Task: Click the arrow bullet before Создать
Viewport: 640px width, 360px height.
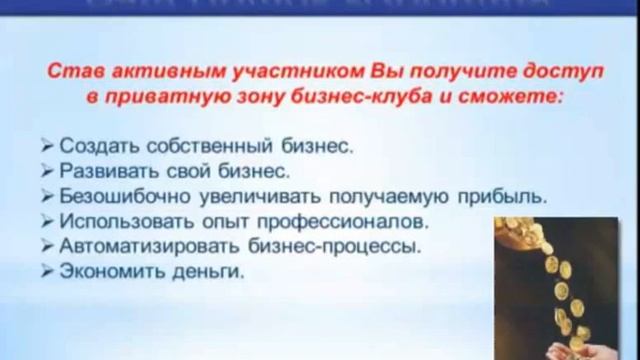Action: (x=51, y=146)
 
